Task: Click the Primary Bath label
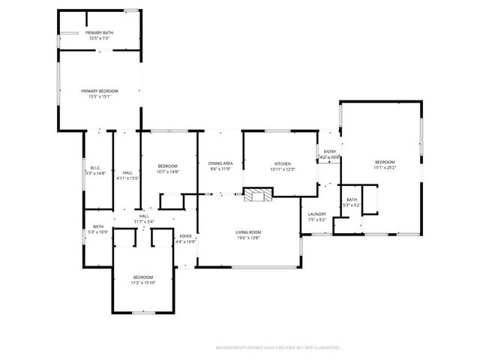(99, 33)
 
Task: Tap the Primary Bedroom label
(100, 91)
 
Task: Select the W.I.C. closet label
(95, 167)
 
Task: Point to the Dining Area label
(220, 163)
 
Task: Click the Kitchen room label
(282, 163)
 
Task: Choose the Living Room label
(249, 232)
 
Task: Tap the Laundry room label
(317, 214)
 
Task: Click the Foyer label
(185, 236)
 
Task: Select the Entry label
(330, 151)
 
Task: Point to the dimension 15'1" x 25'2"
(385, 167)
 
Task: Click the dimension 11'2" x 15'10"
(142, 282)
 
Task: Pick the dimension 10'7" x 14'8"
(167, 171)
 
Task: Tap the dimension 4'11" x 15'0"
(127, 178)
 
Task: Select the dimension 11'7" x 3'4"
(144, 221)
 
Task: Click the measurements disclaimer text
(277, 348)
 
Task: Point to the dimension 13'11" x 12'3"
(282, 169)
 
